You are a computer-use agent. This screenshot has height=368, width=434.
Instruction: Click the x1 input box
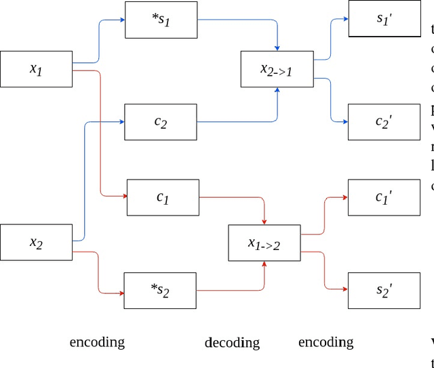pos(36,68)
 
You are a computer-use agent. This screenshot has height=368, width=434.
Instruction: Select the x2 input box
pos(36,242)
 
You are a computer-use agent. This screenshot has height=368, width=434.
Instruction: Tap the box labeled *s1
pos(161,20)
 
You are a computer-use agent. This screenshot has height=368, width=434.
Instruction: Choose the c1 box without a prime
pos(163,197)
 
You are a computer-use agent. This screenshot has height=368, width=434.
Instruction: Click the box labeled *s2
pos(159,291)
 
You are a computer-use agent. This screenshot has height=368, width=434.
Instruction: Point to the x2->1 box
pos(277,68)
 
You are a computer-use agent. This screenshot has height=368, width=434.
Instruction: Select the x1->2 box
pos(264,243)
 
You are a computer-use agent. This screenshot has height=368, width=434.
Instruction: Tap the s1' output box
pos(384,19)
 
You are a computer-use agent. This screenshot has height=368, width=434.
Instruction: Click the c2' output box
pos(384,122)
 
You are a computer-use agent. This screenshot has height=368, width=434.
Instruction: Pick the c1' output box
pos(384,197)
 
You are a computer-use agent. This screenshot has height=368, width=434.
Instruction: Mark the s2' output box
pos(384,291)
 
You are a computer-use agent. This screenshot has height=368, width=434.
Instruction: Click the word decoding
pos(232,342)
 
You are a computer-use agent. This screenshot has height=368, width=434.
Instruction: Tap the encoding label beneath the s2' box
pos(325,342)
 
